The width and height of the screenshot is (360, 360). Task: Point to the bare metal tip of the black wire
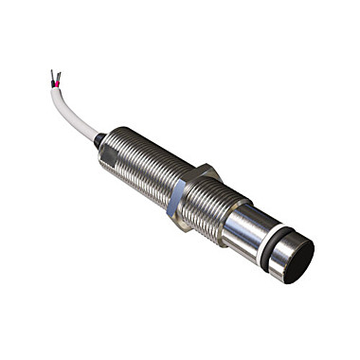point(51,73)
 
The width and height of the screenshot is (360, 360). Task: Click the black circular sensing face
point(297,262)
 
